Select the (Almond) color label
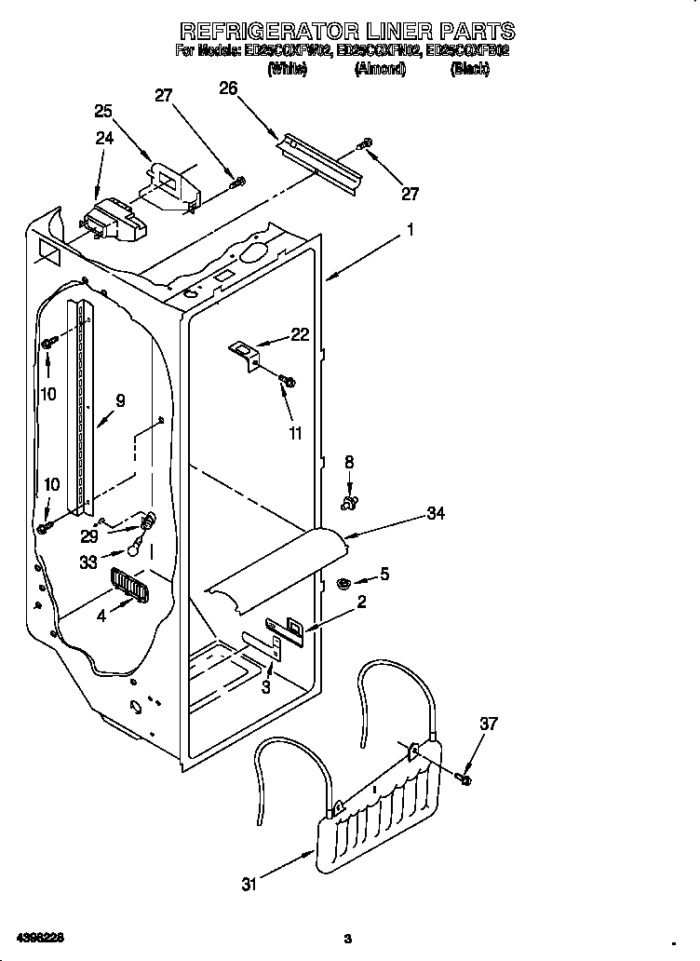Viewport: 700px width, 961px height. point(380,70)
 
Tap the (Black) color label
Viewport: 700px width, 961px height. point(469,70)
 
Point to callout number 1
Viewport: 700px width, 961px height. point(410,228)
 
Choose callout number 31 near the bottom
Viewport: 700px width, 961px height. point(249,885)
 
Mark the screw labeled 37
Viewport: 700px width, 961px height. point(465,775)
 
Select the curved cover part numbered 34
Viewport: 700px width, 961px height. point(279,568)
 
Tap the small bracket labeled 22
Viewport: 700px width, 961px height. point(245,353)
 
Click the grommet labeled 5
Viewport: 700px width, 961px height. point(343,584)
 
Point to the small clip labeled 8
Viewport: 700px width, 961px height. point(350,504)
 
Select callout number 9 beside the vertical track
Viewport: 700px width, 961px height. point(119,401)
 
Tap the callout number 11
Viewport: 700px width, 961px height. point(296,433)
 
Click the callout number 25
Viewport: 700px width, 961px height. point(103,111)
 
